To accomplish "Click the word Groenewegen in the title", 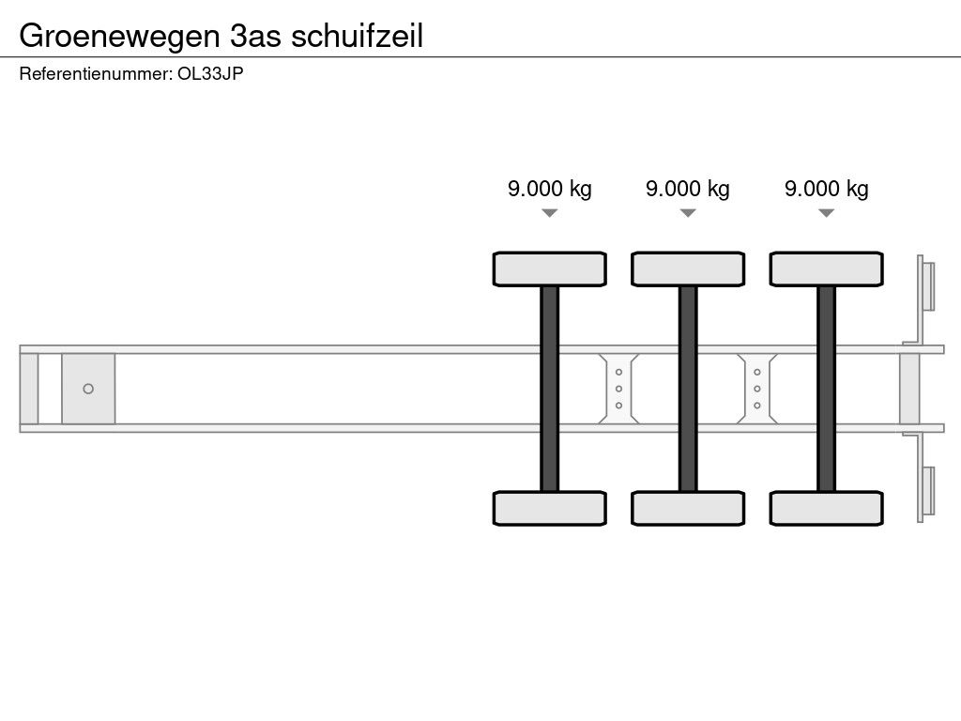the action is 119,37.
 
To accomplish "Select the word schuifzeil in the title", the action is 358,36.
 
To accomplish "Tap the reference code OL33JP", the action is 210,73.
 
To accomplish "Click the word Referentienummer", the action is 95,73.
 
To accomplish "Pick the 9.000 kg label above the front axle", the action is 550,189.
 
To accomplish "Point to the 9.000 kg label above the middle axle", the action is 688,189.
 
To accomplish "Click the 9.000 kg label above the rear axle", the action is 826,189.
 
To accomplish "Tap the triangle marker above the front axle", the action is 550,213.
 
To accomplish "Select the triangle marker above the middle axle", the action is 688,213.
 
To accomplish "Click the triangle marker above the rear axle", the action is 826,213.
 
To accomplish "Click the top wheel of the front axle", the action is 550,269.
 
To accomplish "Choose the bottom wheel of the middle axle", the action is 688,508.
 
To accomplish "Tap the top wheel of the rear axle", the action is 826,269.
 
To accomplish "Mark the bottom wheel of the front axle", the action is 550,508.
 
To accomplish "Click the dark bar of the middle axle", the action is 688,389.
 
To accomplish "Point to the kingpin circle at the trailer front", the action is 88,389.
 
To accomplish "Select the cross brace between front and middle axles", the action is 618,389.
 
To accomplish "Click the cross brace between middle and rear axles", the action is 757,389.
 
